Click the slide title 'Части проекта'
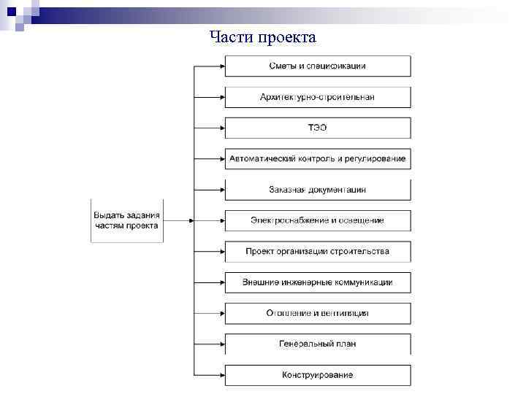pyautogui.click(x=262, y=37)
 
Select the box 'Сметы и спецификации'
pyautogui.click(x=318, y=66)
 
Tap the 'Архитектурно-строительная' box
pyautogui.click(x=318, y=97)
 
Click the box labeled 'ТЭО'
pyautogui.click(x=318, y=128)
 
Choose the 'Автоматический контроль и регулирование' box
pyautogui.click(x=318, y=158)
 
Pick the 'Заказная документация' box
pyautogui.click(x=318, y=190)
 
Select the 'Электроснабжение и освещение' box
pyautogui.click(x=318, y=220)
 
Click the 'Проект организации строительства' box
pyautogui.click(x=318, y=252)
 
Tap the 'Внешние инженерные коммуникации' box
pyautogui.click(x=318, y=282)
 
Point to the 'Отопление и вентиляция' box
pyautogui.click(x=318, y=313)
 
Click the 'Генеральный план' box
pyautogui.click(x=318, y=344)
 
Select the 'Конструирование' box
pyautogui.click(x=318, y=375)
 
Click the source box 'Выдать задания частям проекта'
pyautogui.click(x=126, y=220)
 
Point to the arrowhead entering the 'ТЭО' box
pyautogui.click(x=221, y=128)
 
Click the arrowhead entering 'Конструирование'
pyautogui.click(x=221, y=375)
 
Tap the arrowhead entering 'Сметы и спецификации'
pyautogui.click(x=221, y=66)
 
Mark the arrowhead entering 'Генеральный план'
pyautogui.click(x=221, y=344)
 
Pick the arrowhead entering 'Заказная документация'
pyautogui.click(x=221, y=190)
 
